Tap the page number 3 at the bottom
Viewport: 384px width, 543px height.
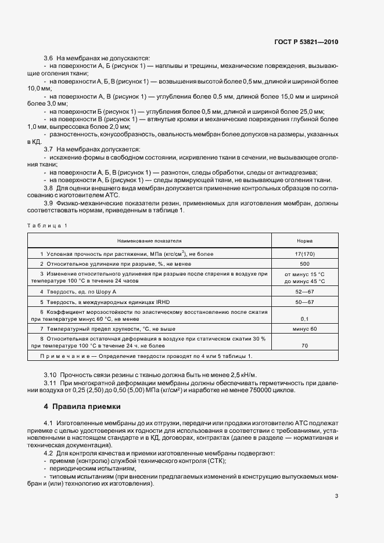(x=337, y=495)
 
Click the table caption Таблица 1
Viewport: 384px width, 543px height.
(x=47, y=225)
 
